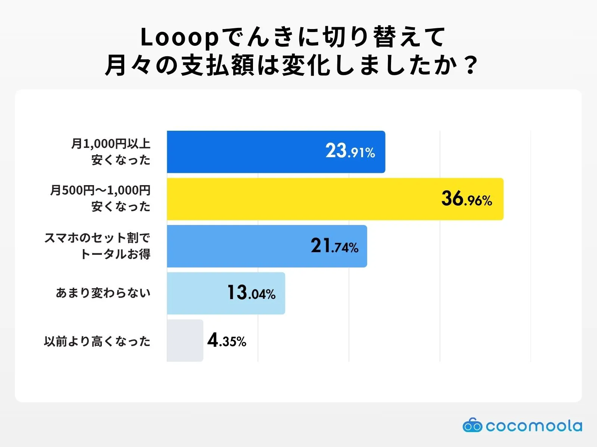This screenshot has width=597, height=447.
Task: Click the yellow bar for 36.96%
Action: tap(298, 199)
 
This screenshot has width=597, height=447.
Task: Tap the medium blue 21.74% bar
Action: tap(239, 246)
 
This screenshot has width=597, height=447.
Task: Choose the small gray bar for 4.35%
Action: tap(185, 340)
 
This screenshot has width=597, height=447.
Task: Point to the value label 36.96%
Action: tap(466, 199)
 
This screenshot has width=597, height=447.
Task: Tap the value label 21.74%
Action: tap(334, 246)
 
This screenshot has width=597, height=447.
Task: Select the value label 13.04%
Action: tap(251, 293)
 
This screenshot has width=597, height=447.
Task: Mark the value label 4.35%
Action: tap(227, 340)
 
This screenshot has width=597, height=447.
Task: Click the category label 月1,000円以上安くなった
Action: tap(111, 152)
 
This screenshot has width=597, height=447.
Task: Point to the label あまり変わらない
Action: tap(103, 293)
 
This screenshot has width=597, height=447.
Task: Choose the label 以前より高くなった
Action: tap(97, 341)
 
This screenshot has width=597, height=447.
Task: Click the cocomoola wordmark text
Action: tap(534, 426)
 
